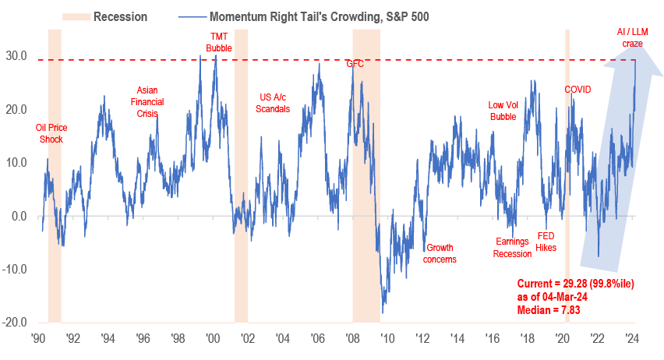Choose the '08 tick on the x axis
tap(352, 340)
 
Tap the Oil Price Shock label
tap(49, 133)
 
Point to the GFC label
tap(355, 64)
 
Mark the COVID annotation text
tap(577, 90)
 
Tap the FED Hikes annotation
tap(546, 242)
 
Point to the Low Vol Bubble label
tap(503, 111)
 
